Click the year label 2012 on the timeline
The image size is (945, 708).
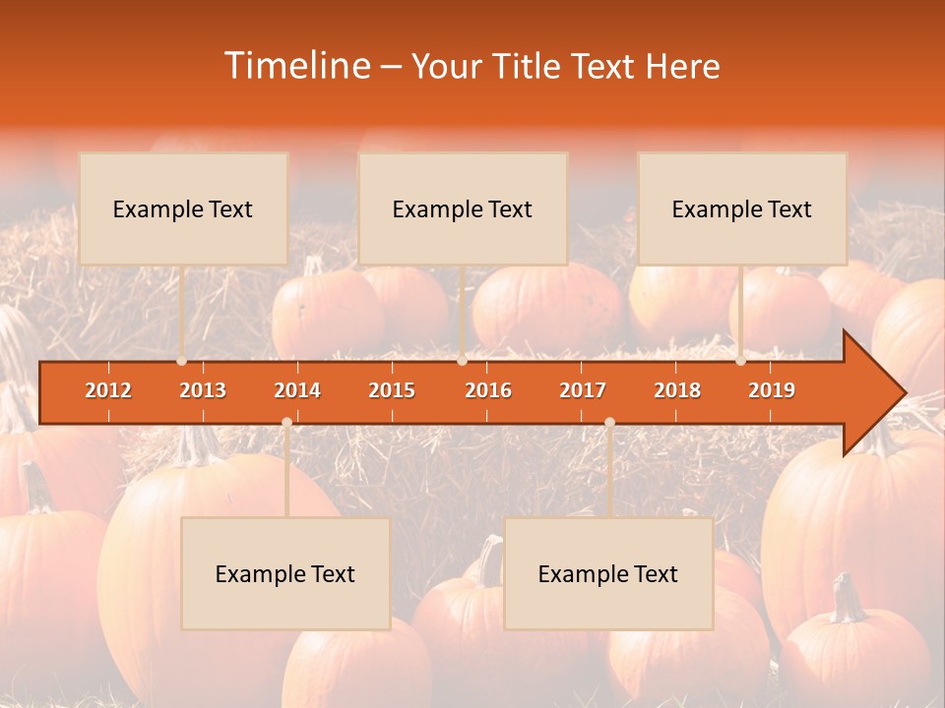click(x=108, y=390)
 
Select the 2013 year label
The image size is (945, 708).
click(x=203, y=390)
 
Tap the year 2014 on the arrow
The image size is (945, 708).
click(x=297, y=390)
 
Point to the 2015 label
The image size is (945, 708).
click(x=392, y=390)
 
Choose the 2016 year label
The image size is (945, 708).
click(x=488, y=390)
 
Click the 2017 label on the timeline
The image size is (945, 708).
click(x=583, y=390)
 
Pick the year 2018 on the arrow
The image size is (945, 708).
click(x=677, y=390)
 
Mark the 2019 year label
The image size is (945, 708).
click(x=772, y=390)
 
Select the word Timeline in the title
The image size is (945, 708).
click(x=295, y=66)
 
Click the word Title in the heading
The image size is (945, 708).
click(x=527, y=66)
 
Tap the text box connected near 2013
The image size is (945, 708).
click(x=183, y=208)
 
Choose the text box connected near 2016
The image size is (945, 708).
click(x=463, y=208)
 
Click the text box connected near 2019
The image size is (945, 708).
click(x=742, y=208)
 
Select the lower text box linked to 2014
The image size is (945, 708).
click(x=285, y=573)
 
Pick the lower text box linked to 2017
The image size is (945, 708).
click(x=608, y=573)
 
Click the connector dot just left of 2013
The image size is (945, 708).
click(x=182, y=361)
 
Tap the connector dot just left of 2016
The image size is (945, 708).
click(x=462, y=361)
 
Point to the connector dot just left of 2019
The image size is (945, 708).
click(x=741, y=361)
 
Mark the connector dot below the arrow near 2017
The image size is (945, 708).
click(x=609, y=423)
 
